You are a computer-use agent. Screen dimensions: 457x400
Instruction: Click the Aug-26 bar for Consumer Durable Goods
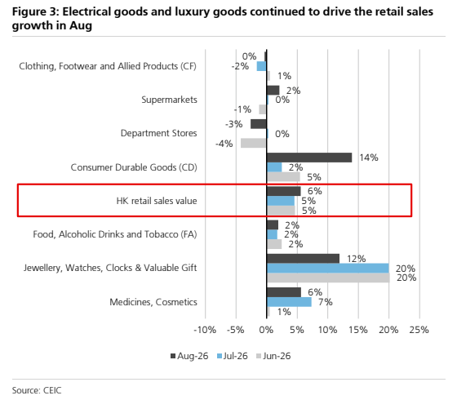309,158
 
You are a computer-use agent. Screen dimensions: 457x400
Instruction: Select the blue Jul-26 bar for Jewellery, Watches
328,268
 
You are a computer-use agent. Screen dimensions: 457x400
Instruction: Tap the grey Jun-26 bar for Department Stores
253,143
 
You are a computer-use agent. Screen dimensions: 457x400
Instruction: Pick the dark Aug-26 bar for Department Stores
259,124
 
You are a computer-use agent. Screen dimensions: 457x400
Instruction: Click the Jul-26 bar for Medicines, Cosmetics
289,302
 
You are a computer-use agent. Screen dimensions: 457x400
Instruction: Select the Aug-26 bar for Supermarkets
273,91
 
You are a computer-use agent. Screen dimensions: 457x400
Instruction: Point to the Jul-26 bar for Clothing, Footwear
261,66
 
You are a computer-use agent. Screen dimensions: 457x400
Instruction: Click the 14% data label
369,158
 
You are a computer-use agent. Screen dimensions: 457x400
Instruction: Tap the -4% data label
224,144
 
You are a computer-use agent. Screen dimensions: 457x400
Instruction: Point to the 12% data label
356,259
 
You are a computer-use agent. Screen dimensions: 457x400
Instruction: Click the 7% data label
326,302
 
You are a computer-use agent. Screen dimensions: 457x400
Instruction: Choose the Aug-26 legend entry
189,356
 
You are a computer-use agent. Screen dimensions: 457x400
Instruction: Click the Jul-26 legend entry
233,356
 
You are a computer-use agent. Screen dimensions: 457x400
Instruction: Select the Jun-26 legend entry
273,356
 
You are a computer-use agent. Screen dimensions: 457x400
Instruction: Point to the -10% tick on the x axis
205,330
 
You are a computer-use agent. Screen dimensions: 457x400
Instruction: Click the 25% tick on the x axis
419,330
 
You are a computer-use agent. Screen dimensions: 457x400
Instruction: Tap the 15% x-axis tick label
358,330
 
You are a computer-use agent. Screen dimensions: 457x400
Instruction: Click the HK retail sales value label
157,201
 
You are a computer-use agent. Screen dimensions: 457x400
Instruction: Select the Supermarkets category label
170,100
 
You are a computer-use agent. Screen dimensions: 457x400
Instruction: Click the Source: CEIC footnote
37,390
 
